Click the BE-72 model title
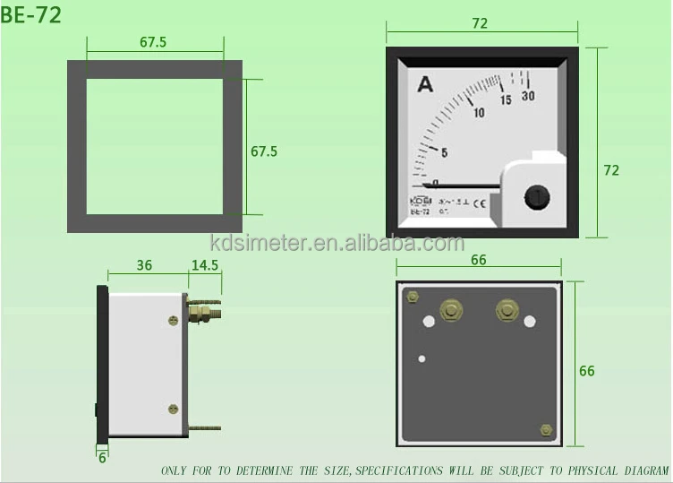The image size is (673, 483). pos(31,15)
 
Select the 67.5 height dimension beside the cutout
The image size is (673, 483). pos(264,151)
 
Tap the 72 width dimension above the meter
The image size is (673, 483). pos(480,24)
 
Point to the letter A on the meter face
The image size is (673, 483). pos(425,85)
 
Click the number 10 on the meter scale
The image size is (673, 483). pos(479,113)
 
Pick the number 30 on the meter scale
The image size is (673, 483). pos(527,97)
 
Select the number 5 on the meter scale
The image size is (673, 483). pos(444,152)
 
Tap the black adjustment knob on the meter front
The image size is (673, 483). pos(535,196)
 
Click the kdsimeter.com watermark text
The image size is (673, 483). pos(336,244)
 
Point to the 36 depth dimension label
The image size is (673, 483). pos(144,265)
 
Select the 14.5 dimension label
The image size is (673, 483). pos(204,265)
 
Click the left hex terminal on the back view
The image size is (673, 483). pos(451,311)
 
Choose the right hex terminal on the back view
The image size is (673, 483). pos(507,311)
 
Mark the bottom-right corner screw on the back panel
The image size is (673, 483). pos(546,431)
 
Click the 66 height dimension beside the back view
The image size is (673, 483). pos(587,371)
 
